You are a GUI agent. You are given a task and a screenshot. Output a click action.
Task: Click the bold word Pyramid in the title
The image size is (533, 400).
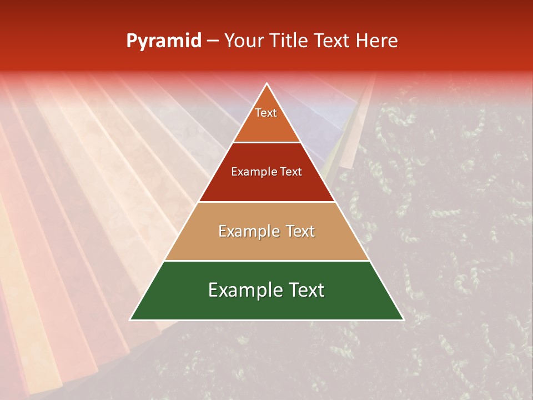(x=164, y=41)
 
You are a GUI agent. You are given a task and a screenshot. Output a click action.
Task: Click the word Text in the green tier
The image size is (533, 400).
(x=305, y=290)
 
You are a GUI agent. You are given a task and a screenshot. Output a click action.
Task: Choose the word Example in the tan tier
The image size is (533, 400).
(x=248, y=231)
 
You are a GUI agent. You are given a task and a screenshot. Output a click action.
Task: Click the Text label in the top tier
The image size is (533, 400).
(x=266, y=113)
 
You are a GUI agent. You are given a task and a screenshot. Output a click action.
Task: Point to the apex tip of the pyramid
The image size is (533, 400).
(x=266, y=84)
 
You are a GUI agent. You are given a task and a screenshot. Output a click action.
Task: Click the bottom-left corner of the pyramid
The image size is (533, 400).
(x=131, y=319)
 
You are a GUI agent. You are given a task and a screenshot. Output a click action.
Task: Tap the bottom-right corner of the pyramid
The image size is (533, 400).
(x=403, y=319)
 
